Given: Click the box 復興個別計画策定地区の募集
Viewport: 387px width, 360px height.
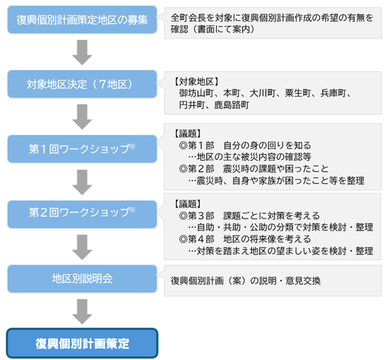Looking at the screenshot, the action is pos(82,20).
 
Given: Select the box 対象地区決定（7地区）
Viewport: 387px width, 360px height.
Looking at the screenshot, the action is pos(82,84).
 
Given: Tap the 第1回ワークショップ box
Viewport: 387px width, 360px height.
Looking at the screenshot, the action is pos(82,149).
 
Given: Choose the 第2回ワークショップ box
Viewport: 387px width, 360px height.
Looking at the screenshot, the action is pos(82,214).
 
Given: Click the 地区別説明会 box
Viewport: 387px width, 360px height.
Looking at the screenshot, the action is pos(82,279).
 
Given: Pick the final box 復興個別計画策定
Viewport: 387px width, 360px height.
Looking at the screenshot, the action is pos(82,343).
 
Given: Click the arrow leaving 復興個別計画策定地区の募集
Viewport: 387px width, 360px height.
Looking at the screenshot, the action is pos(82,53).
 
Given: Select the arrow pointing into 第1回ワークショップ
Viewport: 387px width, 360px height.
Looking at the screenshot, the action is pos(82,117).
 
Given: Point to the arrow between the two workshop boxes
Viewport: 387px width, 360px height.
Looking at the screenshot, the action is pos(82,182).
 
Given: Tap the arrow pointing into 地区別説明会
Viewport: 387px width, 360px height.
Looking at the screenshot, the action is pos(82,248).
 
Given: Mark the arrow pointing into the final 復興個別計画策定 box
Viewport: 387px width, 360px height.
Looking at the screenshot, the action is pos(82,312).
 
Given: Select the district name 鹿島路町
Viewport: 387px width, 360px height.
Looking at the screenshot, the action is pos(232,105).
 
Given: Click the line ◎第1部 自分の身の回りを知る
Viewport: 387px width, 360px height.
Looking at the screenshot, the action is pos(245,145).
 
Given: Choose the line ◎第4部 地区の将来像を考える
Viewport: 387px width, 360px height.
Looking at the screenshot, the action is pos(245,239).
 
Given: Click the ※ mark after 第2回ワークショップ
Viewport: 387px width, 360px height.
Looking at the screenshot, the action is pos(133,210).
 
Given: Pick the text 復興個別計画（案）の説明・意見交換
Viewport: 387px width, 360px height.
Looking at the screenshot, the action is pos(246,281).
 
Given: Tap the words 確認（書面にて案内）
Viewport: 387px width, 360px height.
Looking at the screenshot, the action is pos(213,29).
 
